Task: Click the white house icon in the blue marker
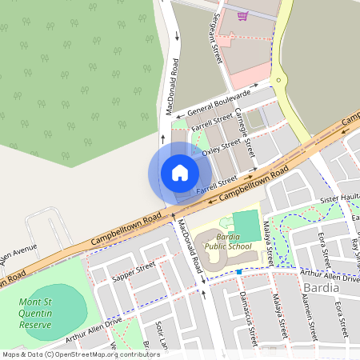coord(179,173)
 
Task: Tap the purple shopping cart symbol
coord(242,15)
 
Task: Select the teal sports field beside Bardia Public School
coord(246,222)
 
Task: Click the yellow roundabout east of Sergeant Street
coord(278,80)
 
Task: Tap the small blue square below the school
coord(238,270)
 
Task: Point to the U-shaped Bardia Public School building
coord(210,244)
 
